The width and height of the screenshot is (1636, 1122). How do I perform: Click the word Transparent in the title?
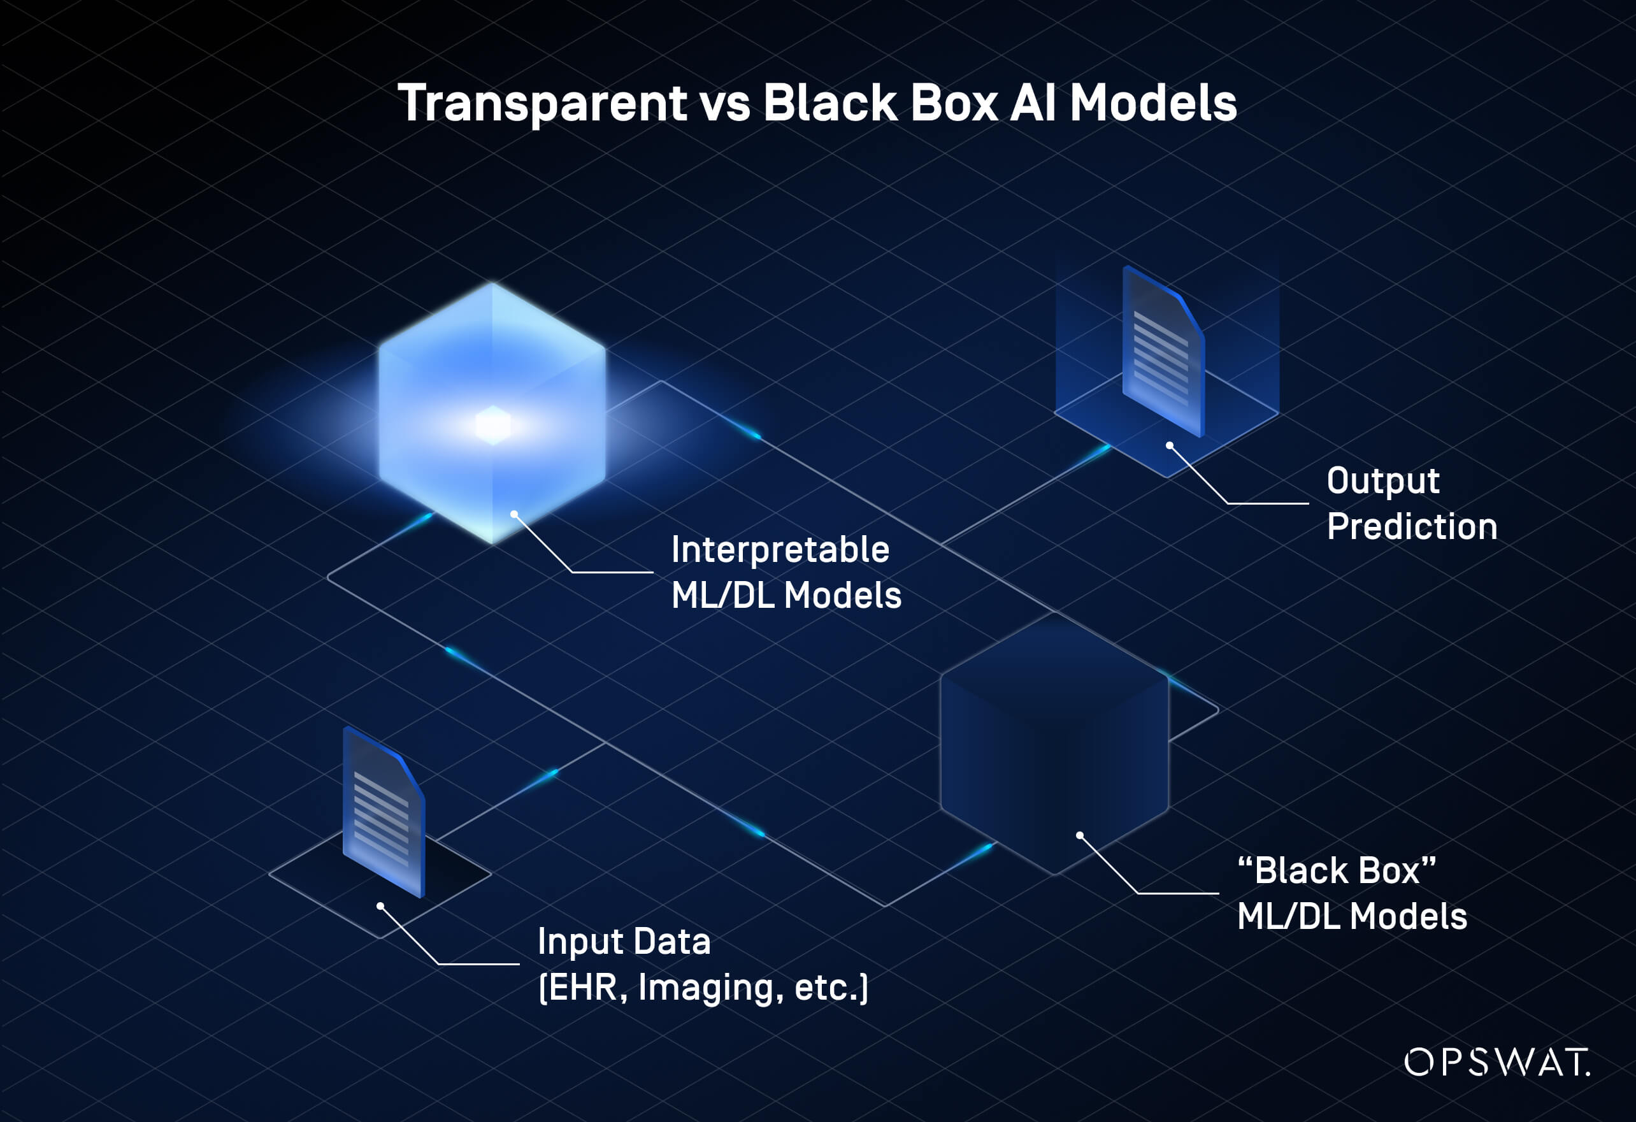coord(542,103)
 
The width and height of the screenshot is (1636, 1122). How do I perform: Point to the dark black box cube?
coord(1054,746)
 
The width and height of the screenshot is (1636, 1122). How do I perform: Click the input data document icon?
coord(384,813)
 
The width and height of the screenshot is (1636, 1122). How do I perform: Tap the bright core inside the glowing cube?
coord(492,425)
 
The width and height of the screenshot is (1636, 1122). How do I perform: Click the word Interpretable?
coord(780,550)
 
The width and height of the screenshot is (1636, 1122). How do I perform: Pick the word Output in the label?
coord(1382,482)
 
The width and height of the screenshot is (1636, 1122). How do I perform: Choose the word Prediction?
coord(1412,526)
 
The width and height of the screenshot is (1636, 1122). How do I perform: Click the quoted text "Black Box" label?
coord(1336,871)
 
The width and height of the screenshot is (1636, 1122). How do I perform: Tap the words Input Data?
coord(624,942)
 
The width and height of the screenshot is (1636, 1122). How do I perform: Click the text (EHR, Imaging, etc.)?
coord(703,987)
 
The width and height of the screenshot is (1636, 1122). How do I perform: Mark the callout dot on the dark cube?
coord(1080,835)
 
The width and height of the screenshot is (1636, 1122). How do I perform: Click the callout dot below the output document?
coord(1169,445)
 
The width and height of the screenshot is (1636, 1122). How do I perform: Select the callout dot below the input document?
coord(380,906)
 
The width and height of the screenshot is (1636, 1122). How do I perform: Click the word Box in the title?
coord(954,103)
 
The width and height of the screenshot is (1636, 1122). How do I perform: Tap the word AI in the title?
coord(1033,103)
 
